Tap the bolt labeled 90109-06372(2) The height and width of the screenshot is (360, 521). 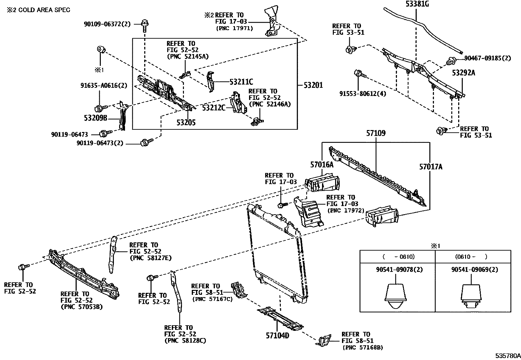click(145, 23)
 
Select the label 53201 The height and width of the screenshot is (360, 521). click(313, 85)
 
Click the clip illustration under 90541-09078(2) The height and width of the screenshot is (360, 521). click(396, 296)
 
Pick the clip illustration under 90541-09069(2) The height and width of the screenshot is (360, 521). click(471, 296)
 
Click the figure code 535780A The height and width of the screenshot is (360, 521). click(507, 355)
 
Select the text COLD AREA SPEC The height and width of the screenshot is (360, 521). click(44, 10)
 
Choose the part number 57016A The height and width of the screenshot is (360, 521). click(322, 164)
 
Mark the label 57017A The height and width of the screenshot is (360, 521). click(431, 167)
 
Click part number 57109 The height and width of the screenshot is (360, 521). click(376, 133)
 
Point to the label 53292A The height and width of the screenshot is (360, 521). click(463, 73)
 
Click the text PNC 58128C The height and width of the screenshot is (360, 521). click(185, 341)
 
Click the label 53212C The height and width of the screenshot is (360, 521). click(213, 107)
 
